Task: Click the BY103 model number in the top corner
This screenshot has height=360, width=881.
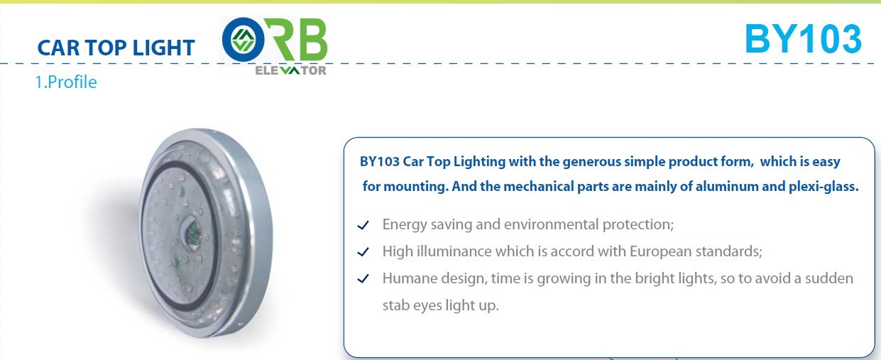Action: [x=803, y=39]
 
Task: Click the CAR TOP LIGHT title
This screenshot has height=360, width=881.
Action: [x=116, y=48]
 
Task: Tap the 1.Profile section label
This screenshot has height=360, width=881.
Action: [x=66, y=82]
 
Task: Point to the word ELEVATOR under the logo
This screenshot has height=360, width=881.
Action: [x=290, y=70]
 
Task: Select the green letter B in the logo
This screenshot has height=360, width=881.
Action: [x=312, y=39]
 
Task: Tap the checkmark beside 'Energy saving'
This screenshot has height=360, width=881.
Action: [x=363, y=225]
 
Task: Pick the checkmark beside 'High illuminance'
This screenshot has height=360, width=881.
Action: [x=363, y=251]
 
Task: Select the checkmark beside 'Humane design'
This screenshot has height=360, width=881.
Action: [x=363, y=278]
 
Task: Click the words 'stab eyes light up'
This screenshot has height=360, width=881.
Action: [x=440, y=306]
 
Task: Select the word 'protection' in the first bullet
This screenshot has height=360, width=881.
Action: [x=638, y=225]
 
